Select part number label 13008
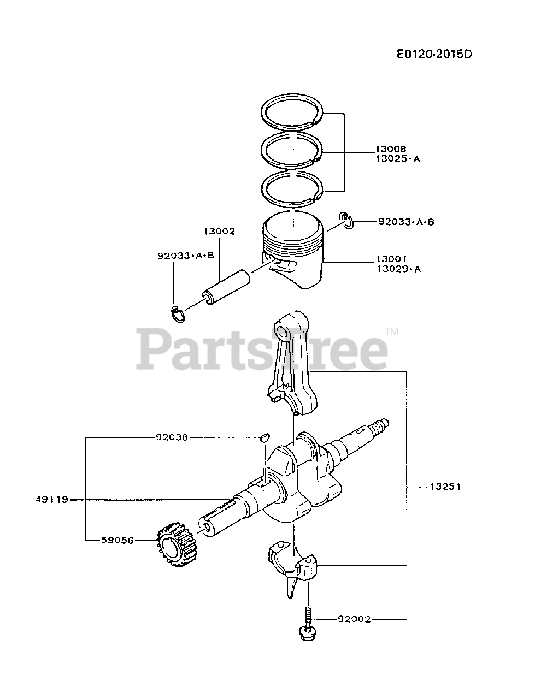click(390, 149)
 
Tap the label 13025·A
click(397, 159)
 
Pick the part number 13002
click(219, 231)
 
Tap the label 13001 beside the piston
click(390, 258)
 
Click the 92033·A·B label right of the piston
click(406, 222)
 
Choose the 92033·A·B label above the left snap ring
click(185, 255)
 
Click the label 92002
click(354, 619)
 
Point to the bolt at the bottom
click(308, 628)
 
